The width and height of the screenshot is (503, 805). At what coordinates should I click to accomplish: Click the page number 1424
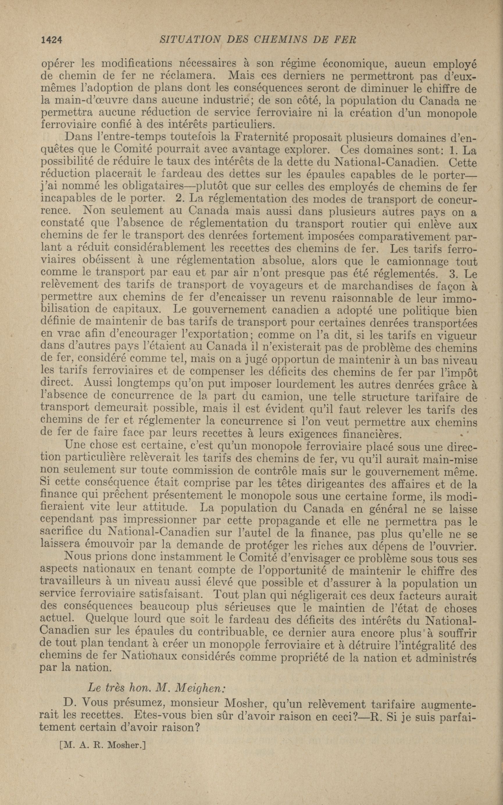coord(51,40)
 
